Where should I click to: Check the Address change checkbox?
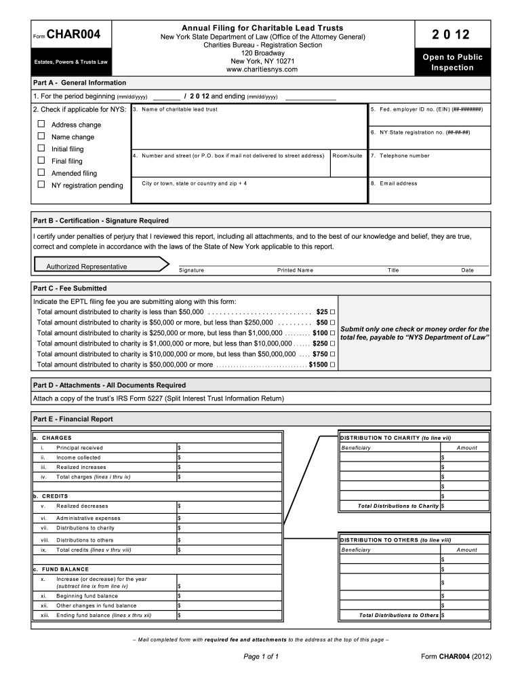point(41,124)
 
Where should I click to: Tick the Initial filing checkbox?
point(41,148)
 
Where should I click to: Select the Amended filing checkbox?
point(41,172)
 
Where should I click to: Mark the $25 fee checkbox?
point(334,311)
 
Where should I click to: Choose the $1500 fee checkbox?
point(334,364)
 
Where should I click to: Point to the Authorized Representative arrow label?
point(87,267)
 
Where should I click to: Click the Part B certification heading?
point(101,221)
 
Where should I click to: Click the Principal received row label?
point(79,448)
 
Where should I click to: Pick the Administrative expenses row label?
point(88,519)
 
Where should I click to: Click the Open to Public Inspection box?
point(453,62)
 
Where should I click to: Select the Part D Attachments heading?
point(109,385)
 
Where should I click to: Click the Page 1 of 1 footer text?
point(261,657)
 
